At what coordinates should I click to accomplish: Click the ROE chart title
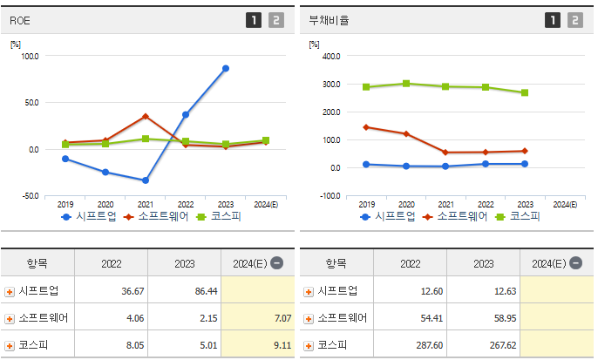click(20, 19)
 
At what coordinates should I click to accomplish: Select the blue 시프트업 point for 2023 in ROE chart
click(226, 68)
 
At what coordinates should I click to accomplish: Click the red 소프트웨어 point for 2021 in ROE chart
click(146, 116)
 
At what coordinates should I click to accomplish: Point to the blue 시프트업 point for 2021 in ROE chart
click(146, 180)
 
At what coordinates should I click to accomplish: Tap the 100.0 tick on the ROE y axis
click(30, 56)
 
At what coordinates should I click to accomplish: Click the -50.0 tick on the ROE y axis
click(30, 196)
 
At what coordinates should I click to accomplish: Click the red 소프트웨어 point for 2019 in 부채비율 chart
click(365, 127)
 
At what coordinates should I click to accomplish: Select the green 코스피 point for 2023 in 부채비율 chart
click(525, 92)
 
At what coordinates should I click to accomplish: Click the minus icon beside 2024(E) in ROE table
click(276, 262)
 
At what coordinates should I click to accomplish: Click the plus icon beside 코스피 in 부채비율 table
click(308, 346)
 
